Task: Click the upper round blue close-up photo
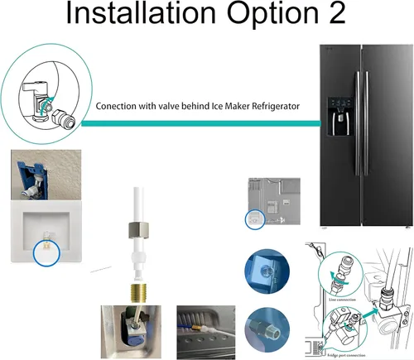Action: pyautogui.click(x=266, y=269)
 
